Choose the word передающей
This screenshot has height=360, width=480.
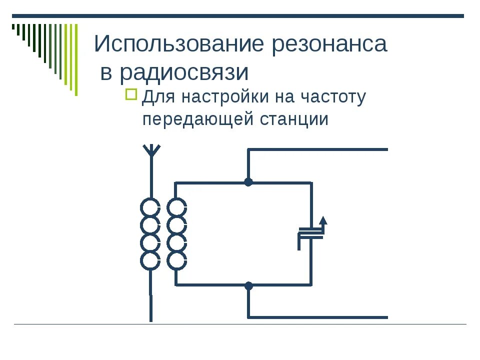(198, 120)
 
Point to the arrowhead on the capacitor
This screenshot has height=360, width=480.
(323, 220)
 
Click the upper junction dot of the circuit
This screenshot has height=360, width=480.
(248, 182)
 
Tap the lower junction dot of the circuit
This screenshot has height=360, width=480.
(248, 286)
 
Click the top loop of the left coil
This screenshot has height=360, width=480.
(150, 207)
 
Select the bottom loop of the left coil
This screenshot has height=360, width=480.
(150, 260)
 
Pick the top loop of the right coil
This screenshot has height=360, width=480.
(176, 207)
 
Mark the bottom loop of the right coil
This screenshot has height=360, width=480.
(176, 260)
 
